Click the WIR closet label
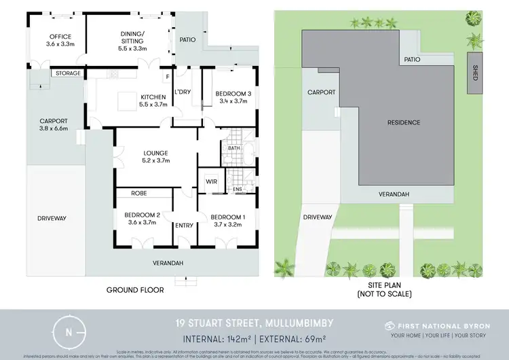click(x=211, y=181)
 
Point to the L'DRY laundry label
click(x=182, y=92)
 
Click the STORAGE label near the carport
click(x=68, y=73)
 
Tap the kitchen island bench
click(x=127, y=101)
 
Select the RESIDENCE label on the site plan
click(x=404, y=122)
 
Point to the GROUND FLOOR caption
click(x=135, y=289)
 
